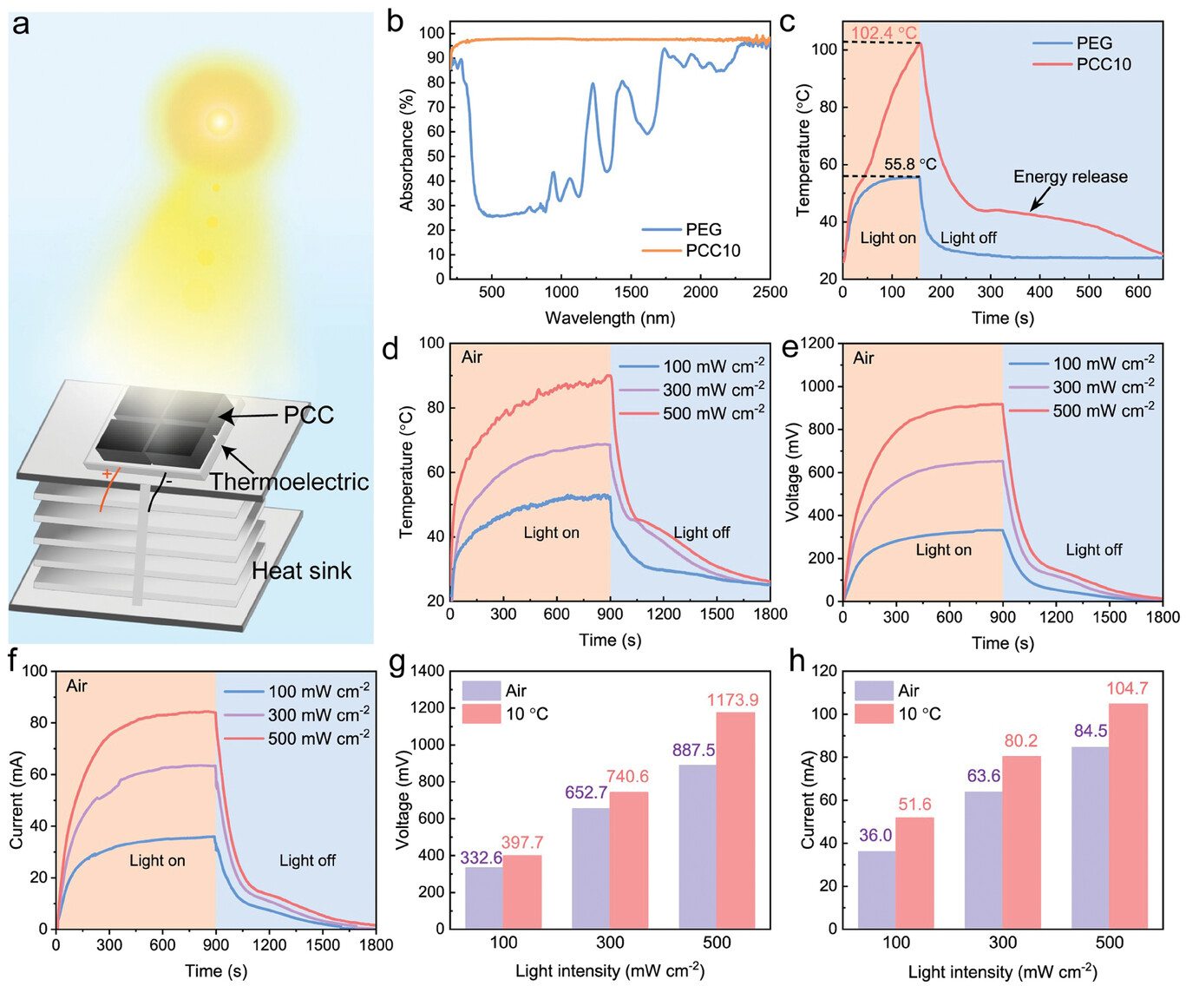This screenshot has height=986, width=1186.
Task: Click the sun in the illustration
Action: pyautogui.click(x=220, y=122)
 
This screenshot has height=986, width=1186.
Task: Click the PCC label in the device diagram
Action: pyautogui.click(x=308, y=415)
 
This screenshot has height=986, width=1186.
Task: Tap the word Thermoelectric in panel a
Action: pyautogui.click(x=289, y=482)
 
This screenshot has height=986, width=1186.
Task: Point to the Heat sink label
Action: pyautogui.click(x=301, y=570)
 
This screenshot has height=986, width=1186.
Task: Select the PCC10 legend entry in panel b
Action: pyautogui.click(x=712, y=251)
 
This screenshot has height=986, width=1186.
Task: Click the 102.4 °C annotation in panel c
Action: pyautogui.click(x=883, y=34)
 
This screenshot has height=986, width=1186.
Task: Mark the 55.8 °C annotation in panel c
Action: pyautogui.click(x=910, y=164)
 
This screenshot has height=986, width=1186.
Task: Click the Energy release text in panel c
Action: pyautogui.click(x=1070, y=177)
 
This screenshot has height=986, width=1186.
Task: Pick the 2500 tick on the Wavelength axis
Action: pyautogui.click(x=770, y=293)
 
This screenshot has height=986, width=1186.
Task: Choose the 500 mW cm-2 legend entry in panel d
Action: pyautogui.click(x=713, y=413)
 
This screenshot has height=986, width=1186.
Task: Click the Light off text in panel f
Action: pyautogui.click(x=307, y=860)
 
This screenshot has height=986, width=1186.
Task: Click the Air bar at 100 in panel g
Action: pyautogui.click(x=483, y=897)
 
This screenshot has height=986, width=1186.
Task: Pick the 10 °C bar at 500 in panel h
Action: pyautogui.click(x=1128, y=815)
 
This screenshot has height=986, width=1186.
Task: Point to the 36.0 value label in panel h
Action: pyautogui.click(x=875, y=835)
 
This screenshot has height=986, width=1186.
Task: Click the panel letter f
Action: pyautogui.click(x=12, y=661)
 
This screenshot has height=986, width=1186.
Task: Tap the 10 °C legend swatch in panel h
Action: pyautogui.click(x=874, y=713)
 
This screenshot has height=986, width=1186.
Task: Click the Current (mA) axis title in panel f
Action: pyautogui.click(x=16, y=799)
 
